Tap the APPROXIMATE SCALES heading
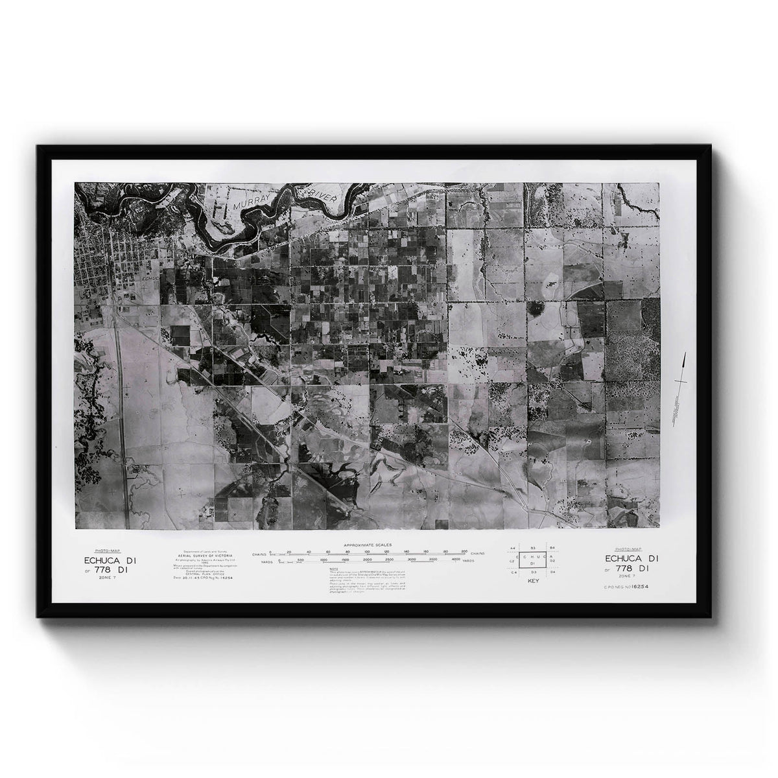[369, 545]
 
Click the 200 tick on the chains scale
[464, 552]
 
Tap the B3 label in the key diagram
[532, 548]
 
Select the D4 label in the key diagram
[553, 572]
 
